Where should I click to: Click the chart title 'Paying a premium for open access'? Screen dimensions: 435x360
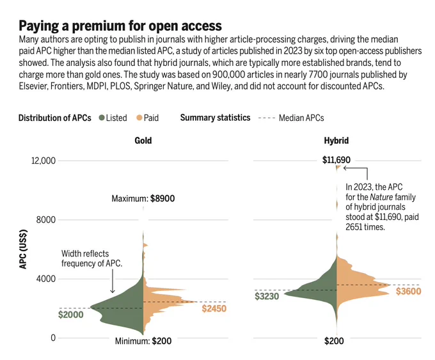[120, 26]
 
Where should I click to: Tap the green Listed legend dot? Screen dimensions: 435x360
[102, 118]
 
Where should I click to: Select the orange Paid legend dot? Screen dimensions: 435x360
[139, 118]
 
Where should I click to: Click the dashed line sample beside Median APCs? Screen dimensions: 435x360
[266, 118]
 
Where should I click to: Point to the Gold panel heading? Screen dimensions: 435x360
[143, 140]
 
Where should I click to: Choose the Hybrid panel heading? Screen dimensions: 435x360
[336, 140]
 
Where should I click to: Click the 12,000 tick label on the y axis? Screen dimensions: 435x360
[43, 160]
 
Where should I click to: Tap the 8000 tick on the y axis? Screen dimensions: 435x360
[46, 220]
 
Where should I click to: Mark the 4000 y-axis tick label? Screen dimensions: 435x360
[46, 279]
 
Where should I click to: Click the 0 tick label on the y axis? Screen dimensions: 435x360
[53, 338]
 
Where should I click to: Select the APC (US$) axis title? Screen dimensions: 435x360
[23, 249]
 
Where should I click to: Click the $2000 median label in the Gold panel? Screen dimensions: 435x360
[71, 315]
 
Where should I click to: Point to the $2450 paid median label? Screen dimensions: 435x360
[214, 308]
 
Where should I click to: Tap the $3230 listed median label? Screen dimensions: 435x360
[267, 296]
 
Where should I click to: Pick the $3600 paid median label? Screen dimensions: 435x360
[408, 291]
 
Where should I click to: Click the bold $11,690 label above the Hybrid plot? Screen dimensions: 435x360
[336, 160]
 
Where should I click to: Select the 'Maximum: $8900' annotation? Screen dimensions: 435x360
[143, 198]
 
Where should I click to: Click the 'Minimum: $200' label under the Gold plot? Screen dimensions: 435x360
[143, 341]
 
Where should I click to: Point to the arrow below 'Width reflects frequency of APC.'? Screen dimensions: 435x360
[113, 281]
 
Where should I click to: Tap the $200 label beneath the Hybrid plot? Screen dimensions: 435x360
[334, 341]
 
